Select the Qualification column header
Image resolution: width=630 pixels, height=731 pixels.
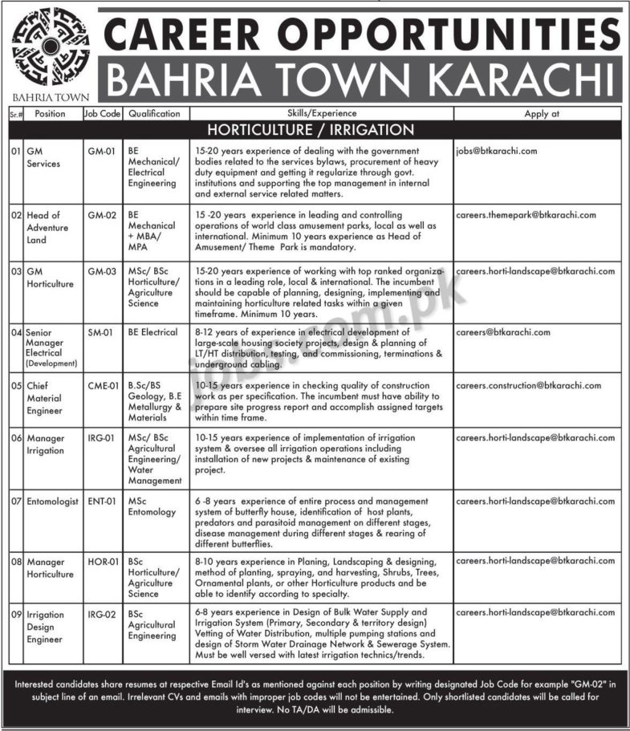[x=154, y=114]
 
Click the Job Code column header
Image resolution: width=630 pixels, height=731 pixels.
[x=102, y=114]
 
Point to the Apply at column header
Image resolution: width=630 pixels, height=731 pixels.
[x=542, y=114]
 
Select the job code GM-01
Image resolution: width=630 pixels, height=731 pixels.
[x=100, y=151]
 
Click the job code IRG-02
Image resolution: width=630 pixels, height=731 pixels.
[x=101, y=613]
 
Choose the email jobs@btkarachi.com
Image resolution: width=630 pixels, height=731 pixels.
[x=496, y=151]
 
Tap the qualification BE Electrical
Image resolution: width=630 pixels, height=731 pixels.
[x=155, y=331]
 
